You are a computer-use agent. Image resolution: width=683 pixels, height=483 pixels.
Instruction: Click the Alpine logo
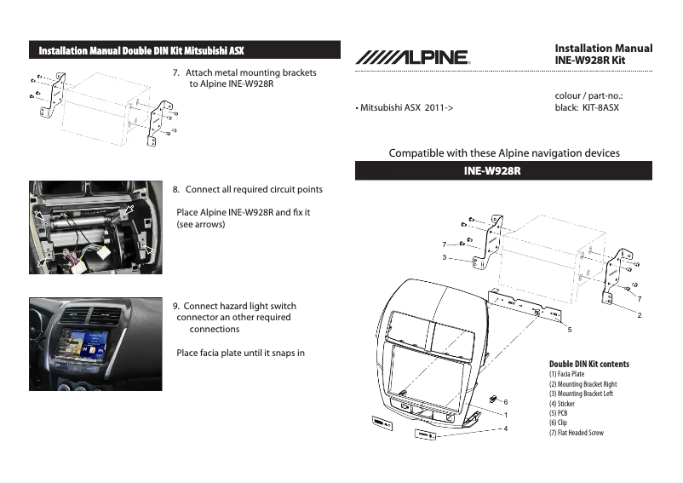click(411, 58)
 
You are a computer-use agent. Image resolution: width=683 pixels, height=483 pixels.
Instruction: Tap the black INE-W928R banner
click(503, 171)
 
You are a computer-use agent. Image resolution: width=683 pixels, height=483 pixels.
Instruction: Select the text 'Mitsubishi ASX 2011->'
click(404, 108)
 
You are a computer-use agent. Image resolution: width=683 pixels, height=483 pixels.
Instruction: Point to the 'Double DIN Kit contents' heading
click(589, 364)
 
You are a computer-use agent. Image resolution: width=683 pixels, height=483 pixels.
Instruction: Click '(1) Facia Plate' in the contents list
click(567, 374)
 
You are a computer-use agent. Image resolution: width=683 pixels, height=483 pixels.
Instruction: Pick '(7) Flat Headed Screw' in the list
click(577, 433)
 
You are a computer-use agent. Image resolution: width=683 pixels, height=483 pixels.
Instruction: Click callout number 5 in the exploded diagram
click(569, 328)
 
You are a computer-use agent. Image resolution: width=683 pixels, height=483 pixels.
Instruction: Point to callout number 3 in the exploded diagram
click(445, 256)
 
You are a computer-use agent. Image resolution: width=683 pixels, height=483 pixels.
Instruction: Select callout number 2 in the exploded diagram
click(639, 314)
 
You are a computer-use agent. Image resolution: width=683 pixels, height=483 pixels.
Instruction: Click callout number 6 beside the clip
click(506, 401)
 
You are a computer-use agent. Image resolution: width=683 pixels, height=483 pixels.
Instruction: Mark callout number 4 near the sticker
click(506, 428)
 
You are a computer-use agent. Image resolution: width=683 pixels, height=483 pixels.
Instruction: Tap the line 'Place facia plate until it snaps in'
click(240, 353)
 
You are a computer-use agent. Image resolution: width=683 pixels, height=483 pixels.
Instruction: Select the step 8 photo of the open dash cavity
click(95, 227)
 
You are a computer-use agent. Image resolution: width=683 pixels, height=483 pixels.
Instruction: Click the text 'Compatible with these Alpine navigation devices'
click(504, 153)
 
